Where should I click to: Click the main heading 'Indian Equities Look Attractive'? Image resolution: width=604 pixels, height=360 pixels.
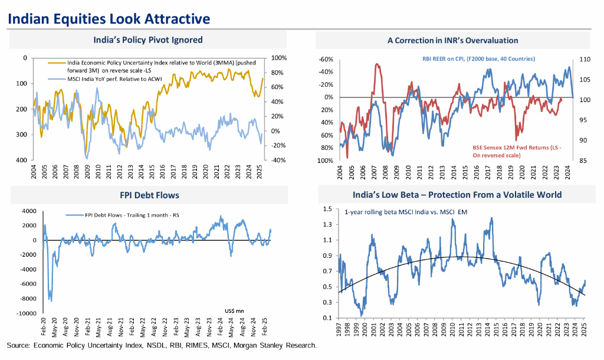point(109,18)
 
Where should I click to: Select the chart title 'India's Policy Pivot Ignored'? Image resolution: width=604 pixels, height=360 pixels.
point(148,40)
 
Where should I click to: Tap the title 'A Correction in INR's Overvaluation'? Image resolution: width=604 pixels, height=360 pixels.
point(452,41)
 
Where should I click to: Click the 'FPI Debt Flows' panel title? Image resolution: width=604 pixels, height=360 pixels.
point(149,195)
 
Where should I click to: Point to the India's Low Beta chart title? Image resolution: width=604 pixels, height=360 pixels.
point(457,195)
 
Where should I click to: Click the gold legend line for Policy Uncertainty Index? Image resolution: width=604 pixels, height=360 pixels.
point(57,63)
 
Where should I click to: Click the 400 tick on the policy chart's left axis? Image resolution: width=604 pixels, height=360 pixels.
point(23,160)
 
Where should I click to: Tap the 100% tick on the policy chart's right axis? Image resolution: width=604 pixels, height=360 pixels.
point(279,58)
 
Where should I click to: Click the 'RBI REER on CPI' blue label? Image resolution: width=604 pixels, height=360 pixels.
point(478,59)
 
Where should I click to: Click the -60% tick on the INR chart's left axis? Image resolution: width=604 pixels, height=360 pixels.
point(326,60)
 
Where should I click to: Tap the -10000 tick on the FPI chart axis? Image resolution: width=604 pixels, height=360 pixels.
point(27,313)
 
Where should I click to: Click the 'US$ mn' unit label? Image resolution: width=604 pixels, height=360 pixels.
point(234,310)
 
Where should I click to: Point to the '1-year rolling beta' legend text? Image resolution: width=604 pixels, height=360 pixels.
point(406,212)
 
